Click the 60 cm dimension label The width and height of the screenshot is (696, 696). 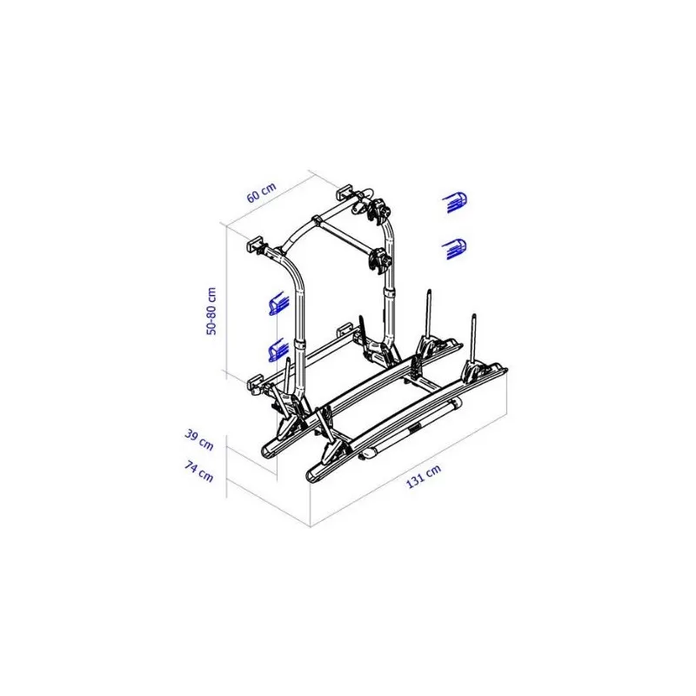tap(262, 192)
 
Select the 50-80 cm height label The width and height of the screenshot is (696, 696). tap(211, 311)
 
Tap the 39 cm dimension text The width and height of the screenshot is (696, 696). tap(199, 440)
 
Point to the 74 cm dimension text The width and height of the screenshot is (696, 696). tap(199, 472)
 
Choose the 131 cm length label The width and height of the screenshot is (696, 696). tap(424, 476)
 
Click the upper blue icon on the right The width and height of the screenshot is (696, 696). tap(455, 203)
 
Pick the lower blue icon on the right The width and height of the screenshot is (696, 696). tap(454, 249)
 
